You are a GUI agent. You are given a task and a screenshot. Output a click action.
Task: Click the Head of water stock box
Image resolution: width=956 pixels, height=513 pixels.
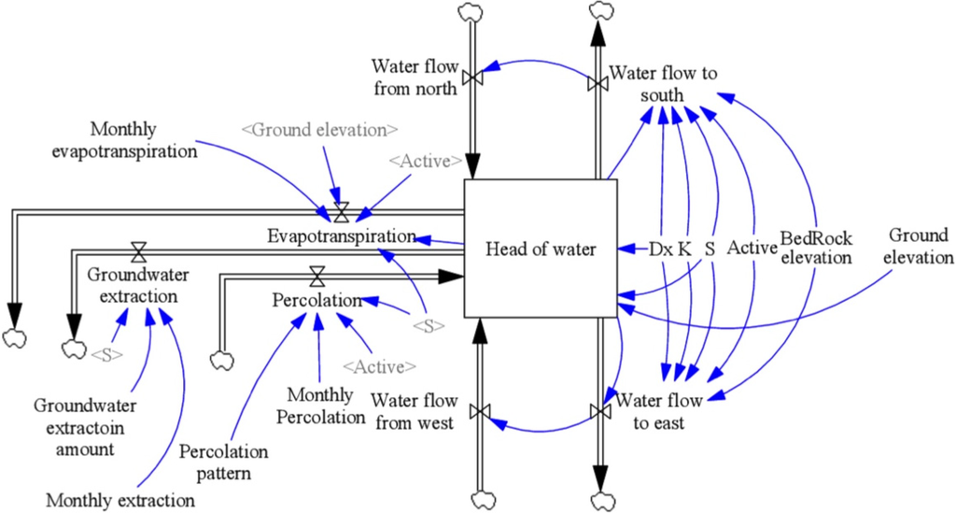tap(541, 249)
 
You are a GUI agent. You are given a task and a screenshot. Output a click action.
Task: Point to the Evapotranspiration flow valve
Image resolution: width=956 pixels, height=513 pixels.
tap(341, 211)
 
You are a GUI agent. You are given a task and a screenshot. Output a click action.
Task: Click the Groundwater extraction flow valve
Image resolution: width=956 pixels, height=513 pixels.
tap(139, 250)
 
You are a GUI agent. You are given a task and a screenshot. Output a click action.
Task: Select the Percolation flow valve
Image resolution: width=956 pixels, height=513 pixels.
tap(317, 276)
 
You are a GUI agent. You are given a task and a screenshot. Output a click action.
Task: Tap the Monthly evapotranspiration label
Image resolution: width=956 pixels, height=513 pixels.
tap(145, 139)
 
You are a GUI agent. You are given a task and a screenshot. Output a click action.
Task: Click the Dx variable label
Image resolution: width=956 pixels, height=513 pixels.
tap(661, 249)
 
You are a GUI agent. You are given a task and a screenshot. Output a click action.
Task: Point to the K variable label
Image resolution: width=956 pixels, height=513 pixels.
tap(684, 249)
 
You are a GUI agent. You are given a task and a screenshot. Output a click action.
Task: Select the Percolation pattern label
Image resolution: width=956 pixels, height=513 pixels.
tap(223, 462)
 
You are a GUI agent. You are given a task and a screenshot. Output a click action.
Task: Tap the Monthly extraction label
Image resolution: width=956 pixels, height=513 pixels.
tap(120, 500)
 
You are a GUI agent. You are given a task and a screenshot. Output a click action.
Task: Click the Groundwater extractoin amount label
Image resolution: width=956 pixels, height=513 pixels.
tap(85, 427)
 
